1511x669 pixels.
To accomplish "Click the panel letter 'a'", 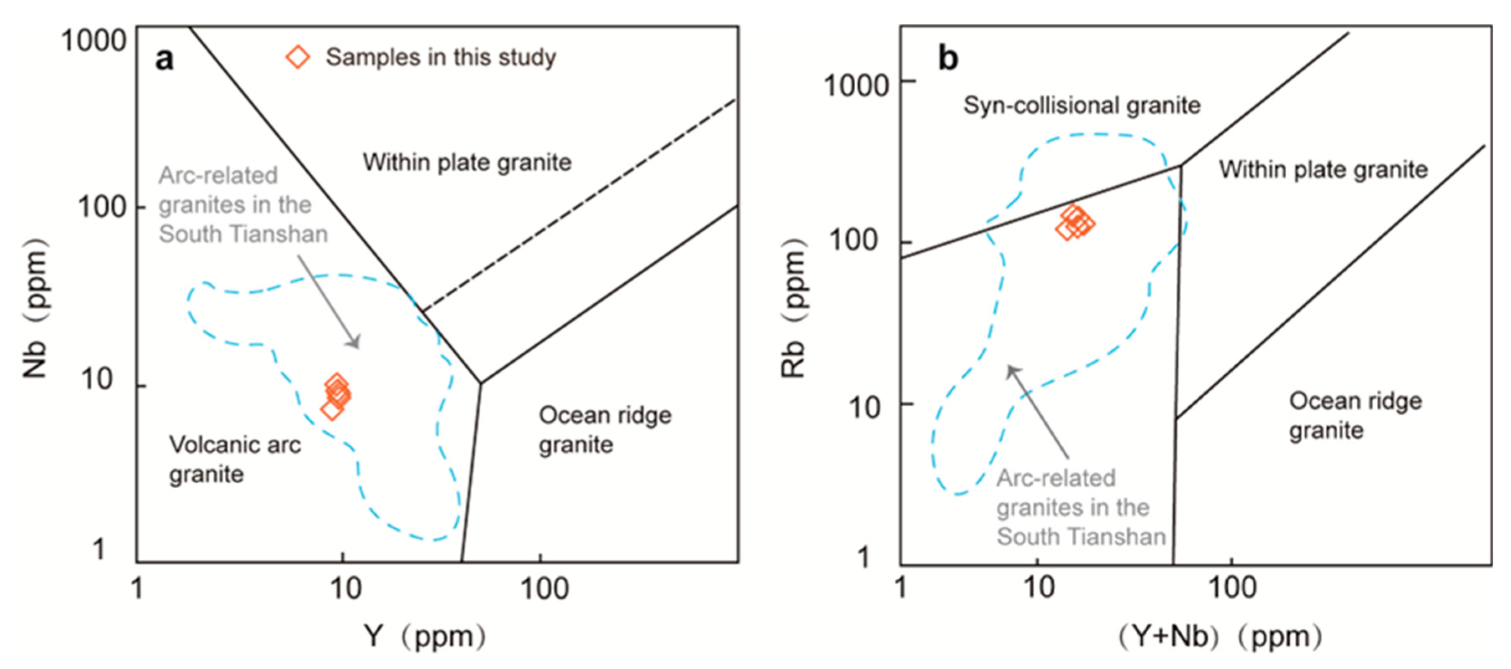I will pyautogui.click(x=164, y=59).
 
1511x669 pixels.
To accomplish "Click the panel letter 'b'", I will pyautogui.click(x=948, y=58).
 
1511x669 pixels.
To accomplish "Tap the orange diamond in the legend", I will pyautogui.click(x=298, y=57).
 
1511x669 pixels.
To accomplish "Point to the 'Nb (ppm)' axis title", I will pyautogui.click(x=35, y=308).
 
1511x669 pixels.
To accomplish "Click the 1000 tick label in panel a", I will pyautogui.click(x=94, y=41).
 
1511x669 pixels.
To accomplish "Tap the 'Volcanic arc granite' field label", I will pyautogui.click(x=235, y=459).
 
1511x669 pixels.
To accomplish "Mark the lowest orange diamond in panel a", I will pyautogui.click(x=332, y=410).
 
